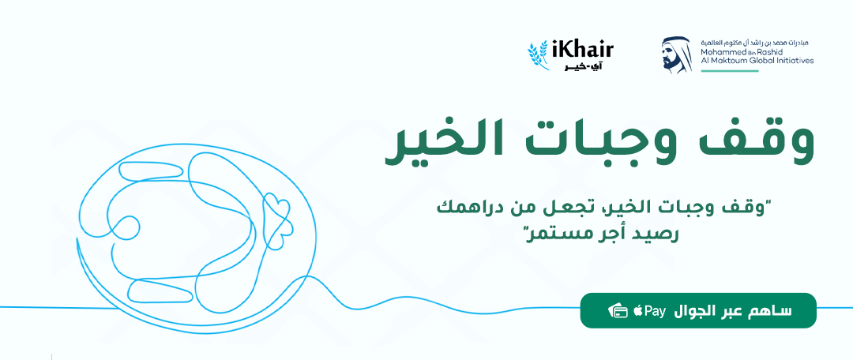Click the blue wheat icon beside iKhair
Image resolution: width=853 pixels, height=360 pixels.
538,54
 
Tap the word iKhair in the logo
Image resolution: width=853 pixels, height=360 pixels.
582,51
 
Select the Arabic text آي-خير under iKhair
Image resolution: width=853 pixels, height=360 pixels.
582,67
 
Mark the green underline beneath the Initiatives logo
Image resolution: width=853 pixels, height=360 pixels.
730,71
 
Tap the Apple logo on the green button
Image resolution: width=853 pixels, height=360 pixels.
637,311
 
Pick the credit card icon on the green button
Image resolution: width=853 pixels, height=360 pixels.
618,311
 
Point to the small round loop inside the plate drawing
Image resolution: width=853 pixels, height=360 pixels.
126,227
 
